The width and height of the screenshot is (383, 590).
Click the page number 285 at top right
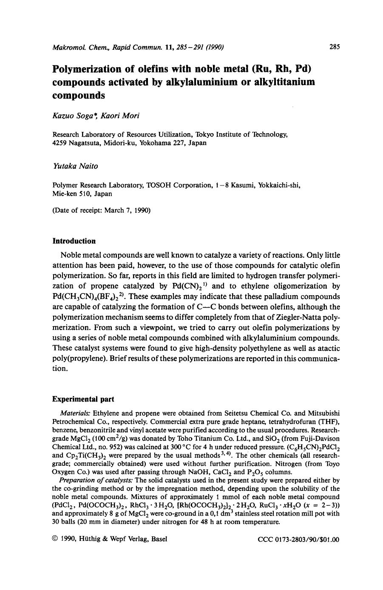pos(334,47)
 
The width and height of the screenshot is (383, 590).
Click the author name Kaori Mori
pos(116,116)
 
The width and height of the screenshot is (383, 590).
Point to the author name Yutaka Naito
pos(75,166)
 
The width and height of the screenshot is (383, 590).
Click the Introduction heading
pos(74,241)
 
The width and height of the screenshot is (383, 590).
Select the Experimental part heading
pos(83,399)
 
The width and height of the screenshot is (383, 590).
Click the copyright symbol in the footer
pos(55,539)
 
